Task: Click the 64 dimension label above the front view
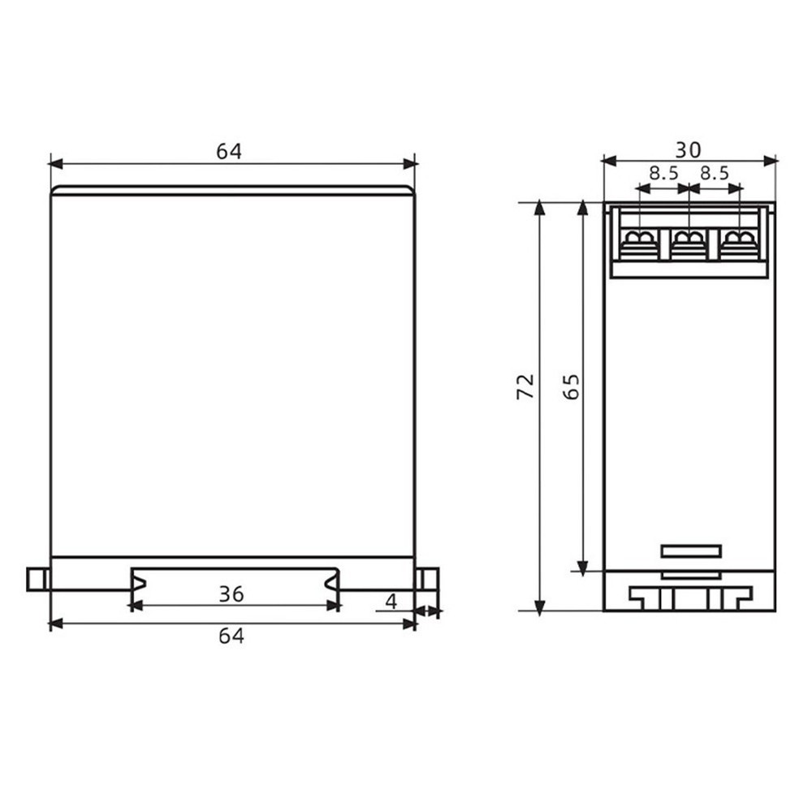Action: coord(229,152)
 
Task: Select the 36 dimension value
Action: coord(231,594)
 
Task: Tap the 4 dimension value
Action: coord(391,602)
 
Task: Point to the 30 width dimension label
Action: coord(689,149)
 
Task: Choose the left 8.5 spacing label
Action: coord(663,173)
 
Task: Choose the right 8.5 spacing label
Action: coord(715,173)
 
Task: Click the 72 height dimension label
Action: coord(526,387)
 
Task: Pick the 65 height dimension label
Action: coord(571,387)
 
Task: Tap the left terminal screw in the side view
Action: coord(641,240)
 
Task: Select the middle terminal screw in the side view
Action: coord(689,240)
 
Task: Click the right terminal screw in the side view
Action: coord(738,240)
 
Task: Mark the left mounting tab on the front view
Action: coord(37,579)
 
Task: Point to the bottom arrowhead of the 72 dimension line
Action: coord(538,605)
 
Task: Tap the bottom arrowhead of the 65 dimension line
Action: coord(582,565)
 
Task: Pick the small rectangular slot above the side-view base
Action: coord(691,551)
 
